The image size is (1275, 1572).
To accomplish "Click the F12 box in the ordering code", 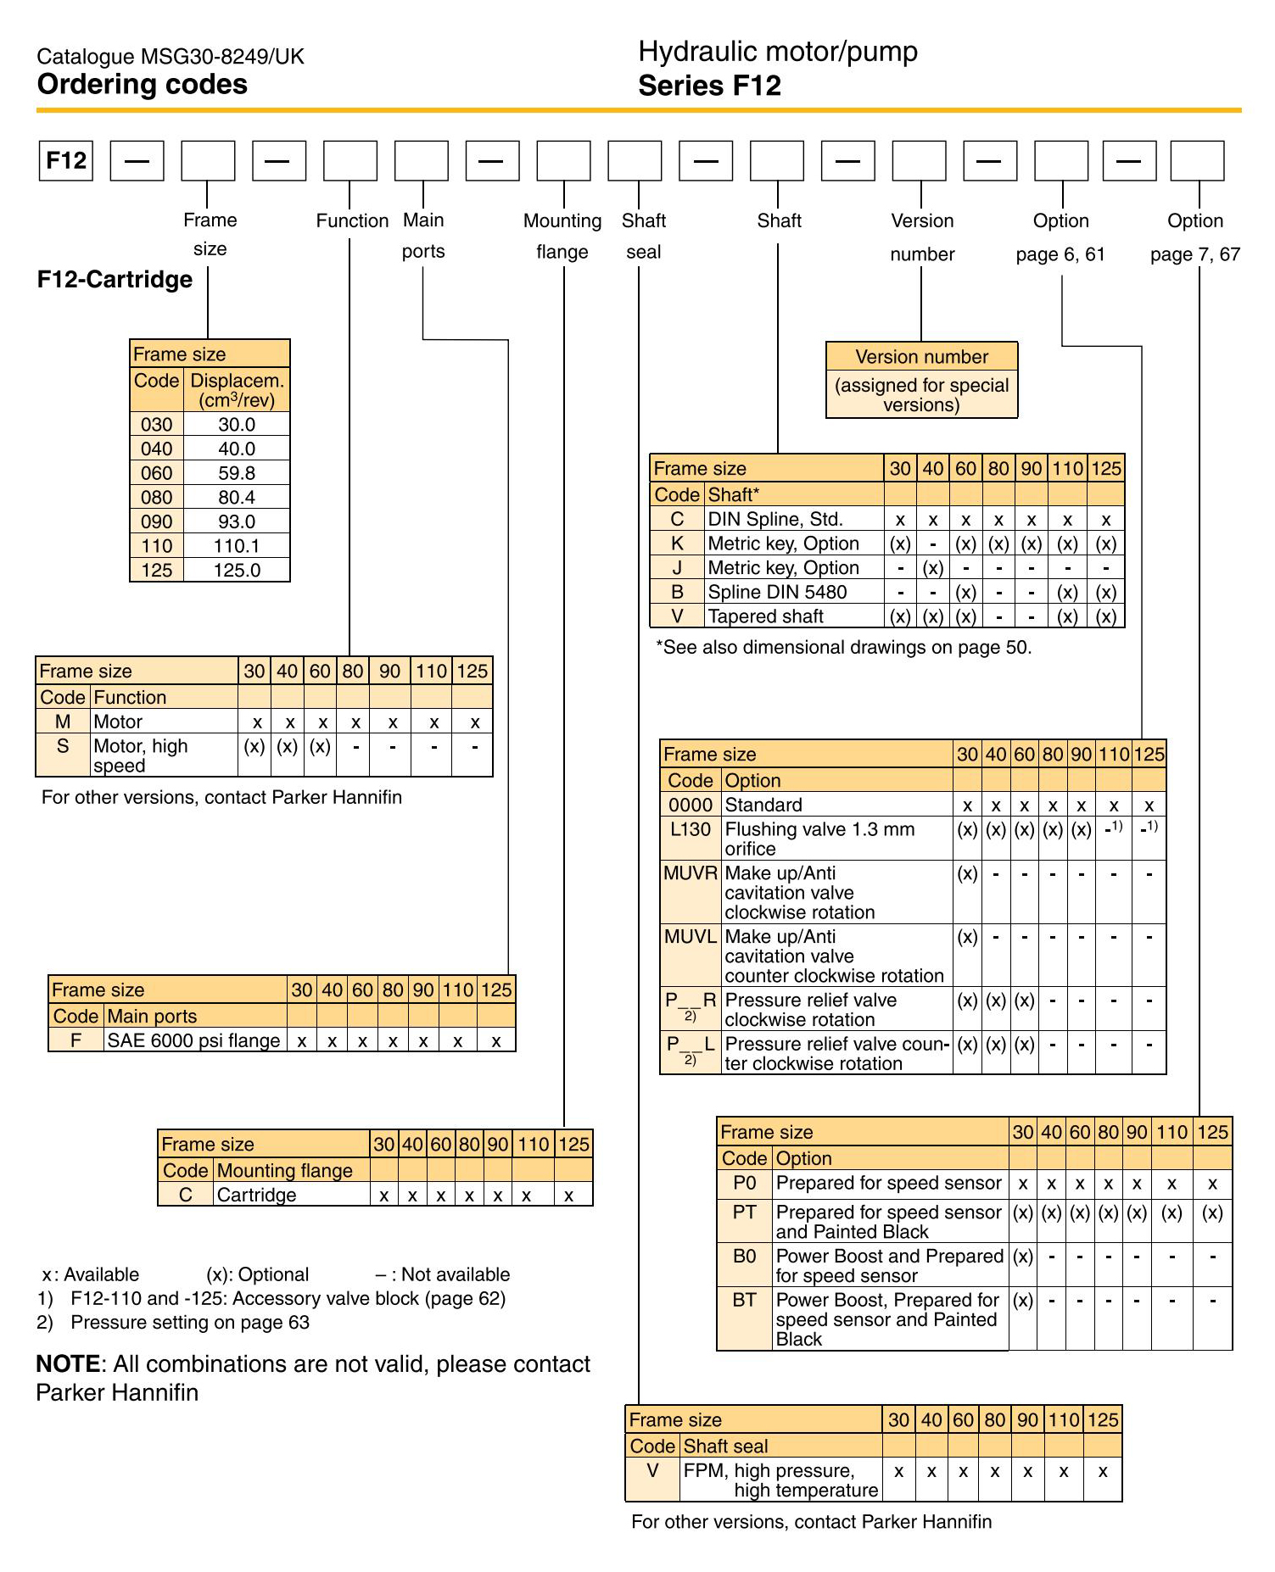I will pyautogui.click(x=65, y=160).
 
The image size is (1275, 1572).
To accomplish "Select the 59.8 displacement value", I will pyautogui.click(x=237, y=473).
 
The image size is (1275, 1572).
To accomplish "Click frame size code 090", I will pyautogui.click(x=156, y=521).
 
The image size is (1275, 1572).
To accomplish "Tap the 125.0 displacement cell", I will pyautogui.click(x=237, y=570).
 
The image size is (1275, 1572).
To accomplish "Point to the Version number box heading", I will pyautogui.click(x=921, y=356).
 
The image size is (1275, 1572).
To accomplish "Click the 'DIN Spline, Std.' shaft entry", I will pyautogui.click(x=775, y=519).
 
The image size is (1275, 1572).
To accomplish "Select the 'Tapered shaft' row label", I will pyautogui.click(x=765, y=616).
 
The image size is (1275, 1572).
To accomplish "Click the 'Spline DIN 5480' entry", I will pyautogui.click(x=777, y=592).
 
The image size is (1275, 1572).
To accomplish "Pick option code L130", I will pyautogui.click(x=690, y=829).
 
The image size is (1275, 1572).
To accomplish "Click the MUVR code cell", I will pyautogui.click(x=690, y=872).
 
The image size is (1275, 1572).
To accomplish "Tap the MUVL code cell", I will pyautogui.click(x=690, y=936).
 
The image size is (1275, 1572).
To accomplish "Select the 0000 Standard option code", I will pyautogui.click(x=690, y=805).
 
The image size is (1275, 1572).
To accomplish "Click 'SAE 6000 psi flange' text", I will pyautogui.click(x=193, y=1040).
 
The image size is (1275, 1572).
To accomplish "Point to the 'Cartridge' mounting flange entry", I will pyautogui.click(x=256, y=1195).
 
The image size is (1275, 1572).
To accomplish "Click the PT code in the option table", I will pyautogui.click(x=744, y=1212).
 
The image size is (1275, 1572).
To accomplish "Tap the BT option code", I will pyautogui.click(x=744, y=1300).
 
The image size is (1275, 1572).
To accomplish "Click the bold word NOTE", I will pyautogui.click(x=68, y=1363).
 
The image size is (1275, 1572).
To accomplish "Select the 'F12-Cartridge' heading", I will pyautogui.click(x=115, y=279).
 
